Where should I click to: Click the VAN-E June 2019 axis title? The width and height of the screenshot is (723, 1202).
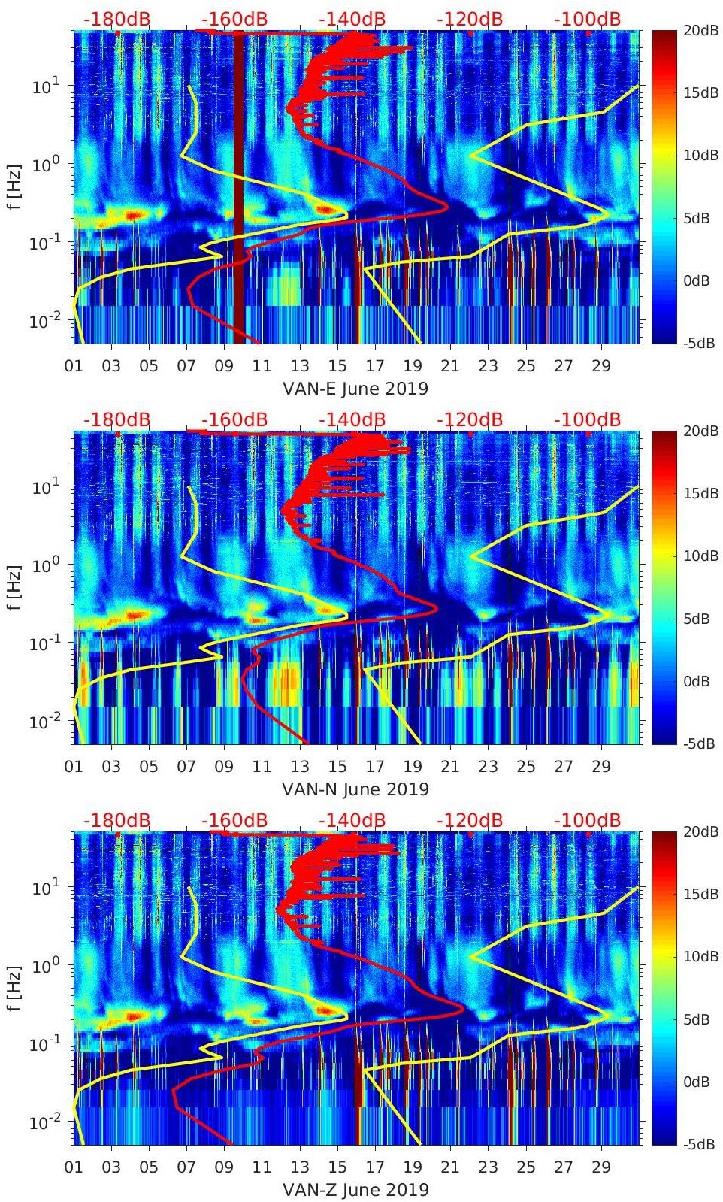point(355,389)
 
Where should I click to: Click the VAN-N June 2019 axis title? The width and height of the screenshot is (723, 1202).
point(355,789)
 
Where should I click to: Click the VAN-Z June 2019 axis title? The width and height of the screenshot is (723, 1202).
point(355,1190)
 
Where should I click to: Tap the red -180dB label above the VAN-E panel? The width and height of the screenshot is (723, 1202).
point(116,19)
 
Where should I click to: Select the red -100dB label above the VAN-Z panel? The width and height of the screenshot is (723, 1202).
point(587,820)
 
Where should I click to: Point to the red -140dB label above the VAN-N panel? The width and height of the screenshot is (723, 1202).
point(352,419)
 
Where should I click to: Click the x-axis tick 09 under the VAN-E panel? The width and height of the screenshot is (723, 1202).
point(224,366)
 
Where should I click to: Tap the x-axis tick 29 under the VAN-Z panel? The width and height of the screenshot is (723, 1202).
point(600,1167)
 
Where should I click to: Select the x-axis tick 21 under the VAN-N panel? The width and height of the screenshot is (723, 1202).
point(449,767)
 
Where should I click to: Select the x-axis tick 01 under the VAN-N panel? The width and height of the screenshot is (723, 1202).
point(74,767)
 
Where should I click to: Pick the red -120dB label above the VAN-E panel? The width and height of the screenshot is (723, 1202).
point(470,19)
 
